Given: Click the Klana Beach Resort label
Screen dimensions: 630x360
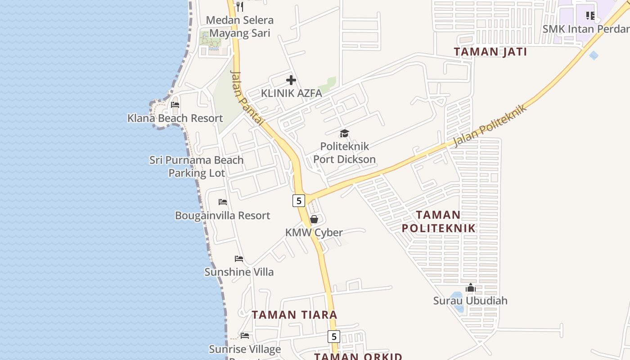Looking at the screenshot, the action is [175, 118].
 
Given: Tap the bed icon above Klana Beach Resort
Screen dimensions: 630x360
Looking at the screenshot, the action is [175, 105].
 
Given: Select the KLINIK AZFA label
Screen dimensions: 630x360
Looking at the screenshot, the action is [292, 94].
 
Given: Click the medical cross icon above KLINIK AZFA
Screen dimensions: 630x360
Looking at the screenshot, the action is [291, 81].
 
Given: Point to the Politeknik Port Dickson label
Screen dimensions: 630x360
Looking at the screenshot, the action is [344, 153].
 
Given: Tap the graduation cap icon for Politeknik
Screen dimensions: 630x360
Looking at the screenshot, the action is [344, 133].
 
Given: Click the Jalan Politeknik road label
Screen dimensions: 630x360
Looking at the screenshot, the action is [490, 126].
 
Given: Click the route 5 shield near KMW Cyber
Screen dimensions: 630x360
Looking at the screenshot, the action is [299, 201].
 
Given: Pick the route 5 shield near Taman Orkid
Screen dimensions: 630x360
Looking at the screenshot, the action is [333, 336].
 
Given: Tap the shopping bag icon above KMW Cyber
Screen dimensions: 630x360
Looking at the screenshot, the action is [314, 219].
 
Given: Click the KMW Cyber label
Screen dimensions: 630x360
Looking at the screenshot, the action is [314, 233].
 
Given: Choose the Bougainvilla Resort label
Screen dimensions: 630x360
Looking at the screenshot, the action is [223, 216].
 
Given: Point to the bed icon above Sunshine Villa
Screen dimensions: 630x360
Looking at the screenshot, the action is [239, 259].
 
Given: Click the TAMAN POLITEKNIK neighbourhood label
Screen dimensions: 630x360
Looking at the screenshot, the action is [438, 221].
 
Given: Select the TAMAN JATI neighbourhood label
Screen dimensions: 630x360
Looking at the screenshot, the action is [490, 52].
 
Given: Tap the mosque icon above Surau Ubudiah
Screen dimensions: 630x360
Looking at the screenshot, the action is [470, 288].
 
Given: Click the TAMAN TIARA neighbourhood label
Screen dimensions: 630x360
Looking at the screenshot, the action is [294, 315].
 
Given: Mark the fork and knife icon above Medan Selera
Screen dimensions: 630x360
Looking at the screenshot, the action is [240, 7].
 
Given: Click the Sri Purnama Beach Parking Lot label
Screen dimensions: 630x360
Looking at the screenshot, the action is [197, 166].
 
